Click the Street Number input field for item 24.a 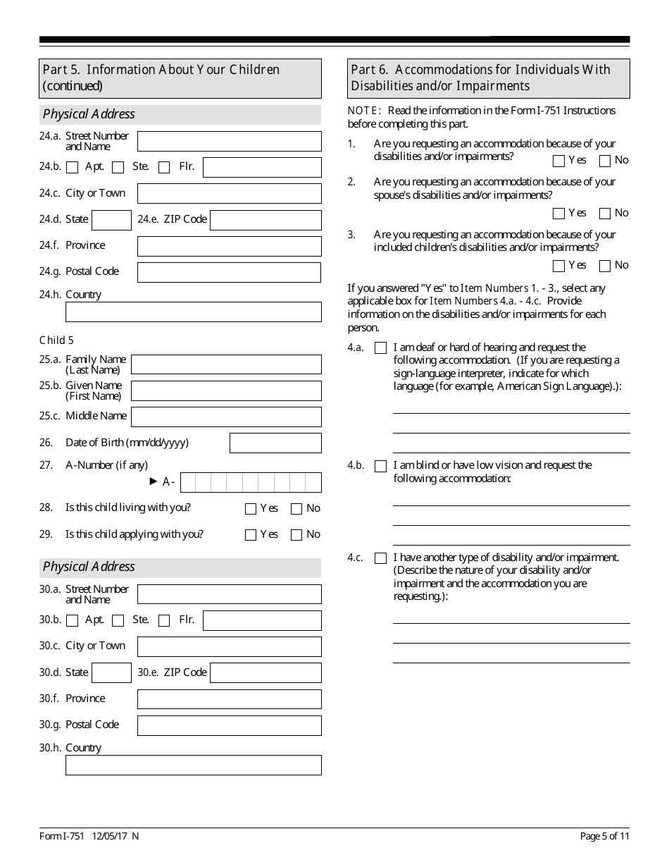[x=229, y=141]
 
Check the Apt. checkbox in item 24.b [x=72, y=168]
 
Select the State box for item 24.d [x=111, y=220]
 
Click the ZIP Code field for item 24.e [x=265, y=220]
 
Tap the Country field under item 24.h [x=193, y=312]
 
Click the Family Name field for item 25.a [x=226, y=364]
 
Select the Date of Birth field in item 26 [x=275, y=443]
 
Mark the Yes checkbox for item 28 [x=251, y=509]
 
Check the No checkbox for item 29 [x=296, y=535]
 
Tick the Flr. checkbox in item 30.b [x=164, y=621]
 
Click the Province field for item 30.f [x=229, y=699]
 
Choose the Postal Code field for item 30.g [x=229, y=725]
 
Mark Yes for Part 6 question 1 [x=559, y=161]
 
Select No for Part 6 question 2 [x=605, y=214]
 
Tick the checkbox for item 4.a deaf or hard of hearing [x=381, y=348]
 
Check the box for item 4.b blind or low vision [x=381, y=466]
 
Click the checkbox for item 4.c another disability [x=381, y=558]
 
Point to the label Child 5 [x=56, y=340]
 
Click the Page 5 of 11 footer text [x=605, y=836]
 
